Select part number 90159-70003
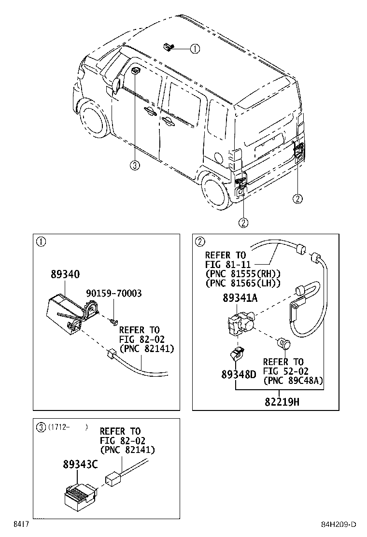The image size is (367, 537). click(114, 294)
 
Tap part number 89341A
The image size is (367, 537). click(240, 298)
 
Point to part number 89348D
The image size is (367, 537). click(239, 374)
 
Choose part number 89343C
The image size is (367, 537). click(80, 464)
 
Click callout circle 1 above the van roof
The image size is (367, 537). click(194, 48)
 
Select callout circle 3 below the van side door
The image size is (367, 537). click(135, 166)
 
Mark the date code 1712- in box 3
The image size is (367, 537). click(60, 427)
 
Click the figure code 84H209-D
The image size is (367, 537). click(339, 524)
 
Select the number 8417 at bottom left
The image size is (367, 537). click(20, 524)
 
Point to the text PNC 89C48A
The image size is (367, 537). click(293, 381)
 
